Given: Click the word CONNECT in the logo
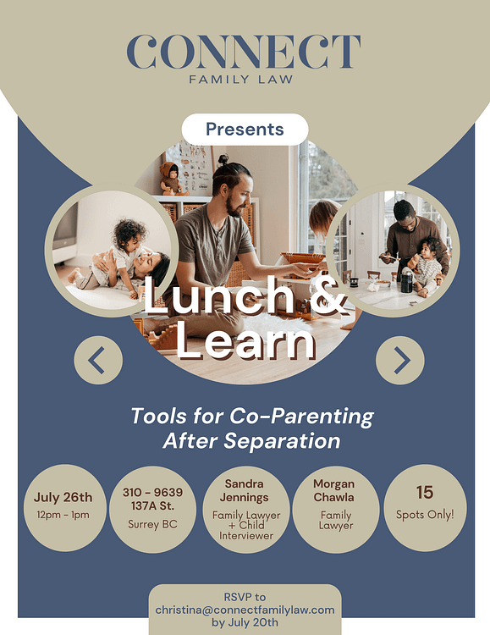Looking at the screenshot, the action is coord(244,52).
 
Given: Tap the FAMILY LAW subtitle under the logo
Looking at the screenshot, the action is coord(241,79).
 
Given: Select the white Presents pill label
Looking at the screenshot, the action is coord(245,130).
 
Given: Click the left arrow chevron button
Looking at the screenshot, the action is coord(98,360).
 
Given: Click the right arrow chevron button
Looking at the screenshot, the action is coord(400,360).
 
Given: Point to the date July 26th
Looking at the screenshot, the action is coord(63,497).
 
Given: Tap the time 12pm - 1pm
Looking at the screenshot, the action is coord(63,515).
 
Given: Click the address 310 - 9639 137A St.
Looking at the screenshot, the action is coord(152,499).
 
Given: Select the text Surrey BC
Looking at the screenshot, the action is coord(152,524).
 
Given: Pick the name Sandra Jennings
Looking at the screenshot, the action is coord(245,490).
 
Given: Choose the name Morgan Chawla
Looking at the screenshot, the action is coord(333,490).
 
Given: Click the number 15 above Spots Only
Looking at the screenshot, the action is coord(425,493).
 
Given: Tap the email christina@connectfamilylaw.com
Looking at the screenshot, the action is coord(245,610).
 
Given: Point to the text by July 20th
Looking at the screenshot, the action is coord(245,622).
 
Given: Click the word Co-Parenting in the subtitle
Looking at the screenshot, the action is coord(301,417).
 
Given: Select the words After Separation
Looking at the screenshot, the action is coord(251,441).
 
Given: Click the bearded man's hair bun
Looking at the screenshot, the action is coord(223,159).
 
